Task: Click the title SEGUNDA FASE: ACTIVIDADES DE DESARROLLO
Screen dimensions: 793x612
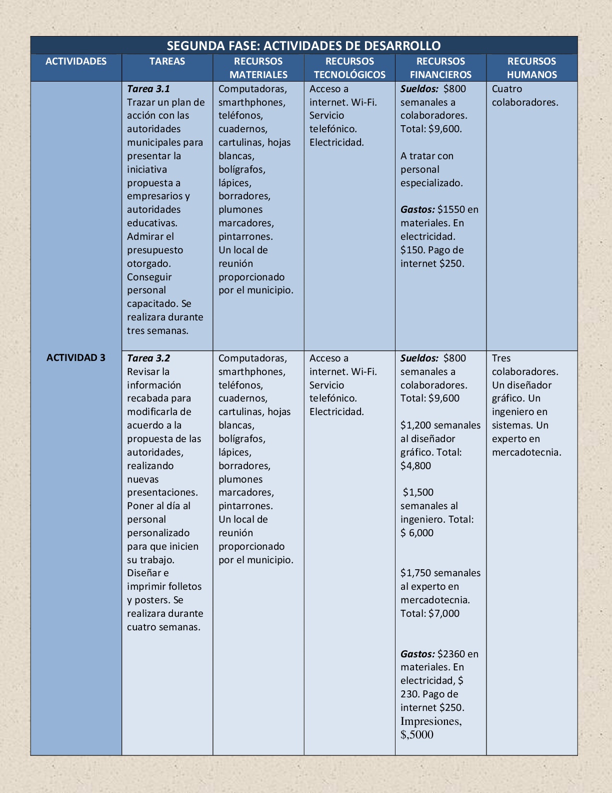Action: [x=303, y=46]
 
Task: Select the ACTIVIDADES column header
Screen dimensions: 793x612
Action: [x=76, y=61]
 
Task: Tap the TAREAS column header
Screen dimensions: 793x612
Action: [x=167, y=61]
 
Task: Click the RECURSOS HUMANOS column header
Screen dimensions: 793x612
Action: [x=531, y=68]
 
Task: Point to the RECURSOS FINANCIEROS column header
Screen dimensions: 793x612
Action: [x=440, y=68]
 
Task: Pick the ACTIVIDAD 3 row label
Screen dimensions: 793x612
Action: [x=76, y=357]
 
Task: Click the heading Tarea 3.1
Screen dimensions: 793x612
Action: [x=148, y=89]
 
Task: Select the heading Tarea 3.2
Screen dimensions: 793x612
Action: [x=148, y=358]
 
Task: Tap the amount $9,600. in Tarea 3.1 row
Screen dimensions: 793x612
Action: [x=445, y=129]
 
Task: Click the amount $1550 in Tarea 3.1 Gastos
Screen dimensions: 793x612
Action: [x=451, y=209]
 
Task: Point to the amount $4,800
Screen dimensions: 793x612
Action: [x=415, y=466]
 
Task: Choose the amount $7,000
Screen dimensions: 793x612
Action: [x=444, y=613]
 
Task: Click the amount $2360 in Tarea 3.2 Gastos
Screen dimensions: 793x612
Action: [x=451, y=654]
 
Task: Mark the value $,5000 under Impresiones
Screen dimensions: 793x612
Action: [x=417, y=734]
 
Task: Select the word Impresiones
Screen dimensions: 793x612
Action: [x=430, y=721]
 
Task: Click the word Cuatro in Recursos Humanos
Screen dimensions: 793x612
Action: [x=507, y=89]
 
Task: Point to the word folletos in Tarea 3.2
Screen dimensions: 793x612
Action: [x=185, y=586]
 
